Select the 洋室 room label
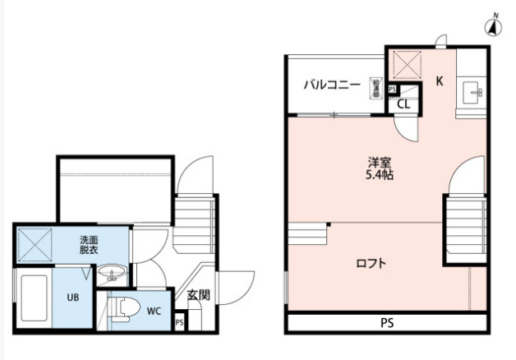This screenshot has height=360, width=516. coord(379,162)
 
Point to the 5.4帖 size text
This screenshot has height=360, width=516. coord(379,174)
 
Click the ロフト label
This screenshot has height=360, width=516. coord(371,264)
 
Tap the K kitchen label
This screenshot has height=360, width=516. coord(439,81)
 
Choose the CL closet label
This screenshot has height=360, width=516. coord(403,104)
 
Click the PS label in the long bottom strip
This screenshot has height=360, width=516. coord(386,322)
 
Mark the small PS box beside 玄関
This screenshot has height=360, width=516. coord(179,323)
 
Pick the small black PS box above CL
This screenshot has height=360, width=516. coord(393,89)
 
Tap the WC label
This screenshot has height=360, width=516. coord(154,312)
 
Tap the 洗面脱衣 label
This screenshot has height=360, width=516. coord(90,244)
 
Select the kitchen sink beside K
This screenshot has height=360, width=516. coord(474,92)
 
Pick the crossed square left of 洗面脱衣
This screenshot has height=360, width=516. coord(36,244)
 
